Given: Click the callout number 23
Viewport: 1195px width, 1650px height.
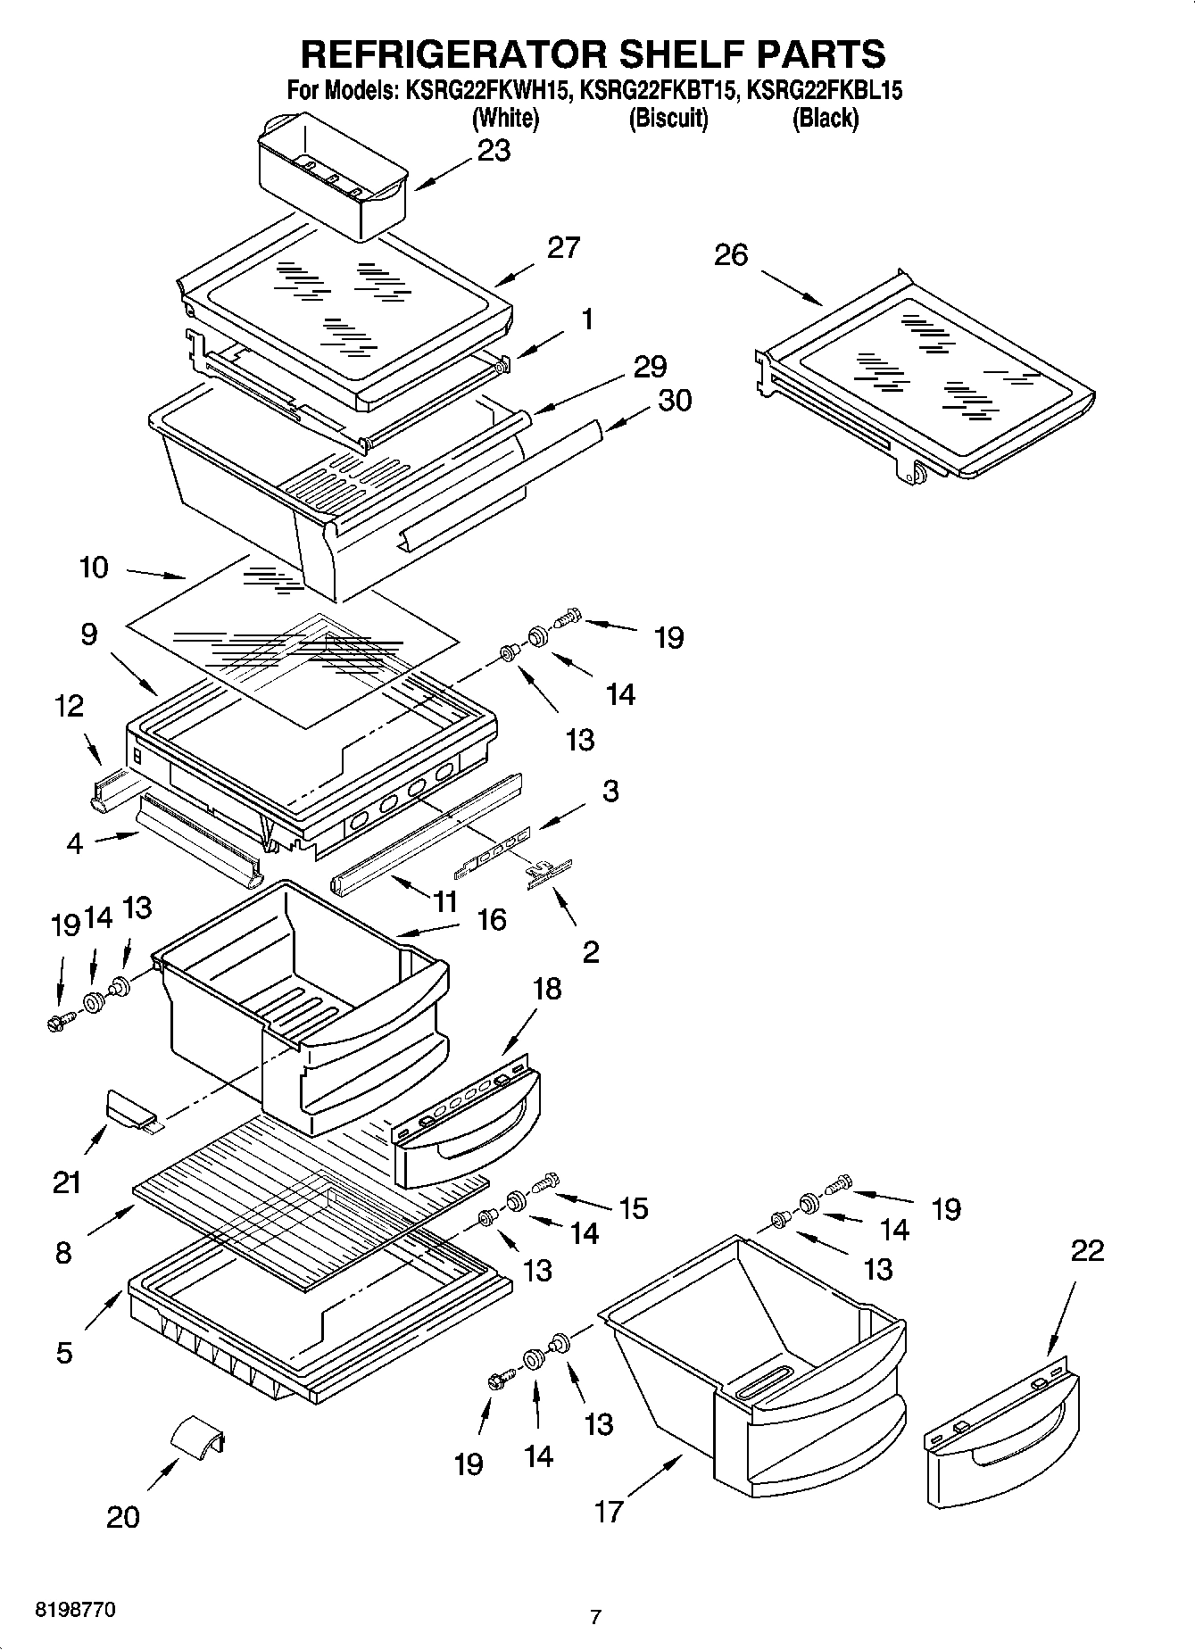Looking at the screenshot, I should [x=494, y=151].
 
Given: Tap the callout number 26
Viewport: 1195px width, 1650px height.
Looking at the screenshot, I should [x=731, y=256].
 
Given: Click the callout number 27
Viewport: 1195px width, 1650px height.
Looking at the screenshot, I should [x=563, y=247].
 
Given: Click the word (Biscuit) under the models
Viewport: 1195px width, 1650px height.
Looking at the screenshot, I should [x=668, y=118].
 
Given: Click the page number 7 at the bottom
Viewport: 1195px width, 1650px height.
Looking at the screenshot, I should [x=595, y=1616].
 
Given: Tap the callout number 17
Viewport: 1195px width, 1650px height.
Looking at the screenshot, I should [x=609, y=1512].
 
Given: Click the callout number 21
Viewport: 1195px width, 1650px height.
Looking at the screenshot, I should [x=67, y=1183].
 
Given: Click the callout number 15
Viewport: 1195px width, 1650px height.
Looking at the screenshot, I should [x=634, y=1208].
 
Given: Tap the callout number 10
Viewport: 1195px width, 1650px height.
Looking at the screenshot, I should [x=94, y=567].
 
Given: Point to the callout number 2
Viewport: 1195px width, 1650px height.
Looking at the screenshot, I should [x=590, y=952].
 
